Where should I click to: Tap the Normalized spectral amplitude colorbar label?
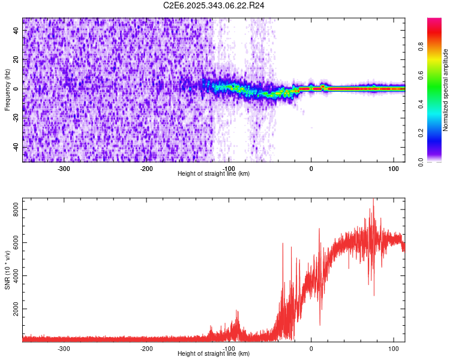pyautogui.click(x=446, y=91)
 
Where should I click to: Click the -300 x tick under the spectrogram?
pyautogui.click(x=64, y=169)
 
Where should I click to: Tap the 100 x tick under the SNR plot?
pyautogui.click(x=393, y=349)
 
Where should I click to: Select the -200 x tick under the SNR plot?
pyautogui.click(x=146, y=349)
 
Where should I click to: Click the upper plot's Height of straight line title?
pyautogui.click(x=214, y=174)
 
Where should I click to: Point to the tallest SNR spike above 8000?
pyautogui.click(x=373, y=200)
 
